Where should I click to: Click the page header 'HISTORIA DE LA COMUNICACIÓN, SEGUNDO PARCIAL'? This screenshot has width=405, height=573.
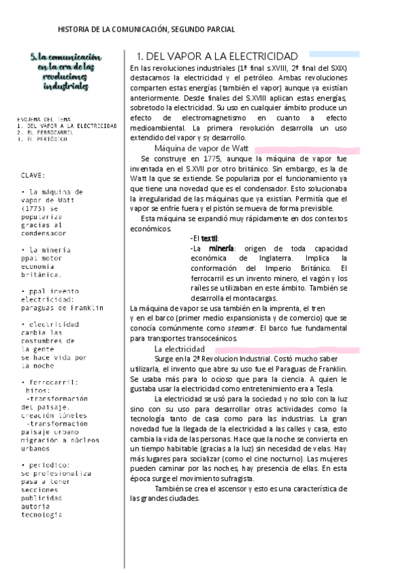[147, 30]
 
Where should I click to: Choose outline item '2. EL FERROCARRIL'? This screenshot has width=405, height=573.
[47, 132]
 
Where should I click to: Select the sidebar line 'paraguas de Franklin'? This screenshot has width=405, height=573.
[62, 308]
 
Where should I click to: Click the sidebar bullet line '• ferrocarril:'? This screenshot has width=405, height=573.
[49, 382]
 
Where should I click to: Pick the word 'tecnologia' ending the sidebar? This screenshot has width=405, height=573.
[41, 514]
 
